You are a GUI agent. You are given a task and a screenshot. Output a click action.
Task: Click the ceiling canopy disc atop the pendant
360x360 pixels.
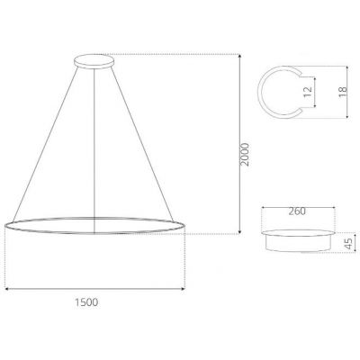(x=93, y=62)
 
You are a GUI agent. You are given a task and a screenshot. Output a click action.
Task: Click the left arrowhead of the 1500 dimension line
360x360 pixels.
(x=7, y=289)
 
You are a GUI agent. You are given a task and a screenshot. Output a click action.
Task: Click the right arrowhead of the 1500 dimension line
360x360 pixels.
(x=184, y=289)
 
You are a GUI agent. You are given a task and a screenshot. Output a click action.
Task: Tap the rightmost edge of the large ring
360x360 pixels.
(x=184, y=225)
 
